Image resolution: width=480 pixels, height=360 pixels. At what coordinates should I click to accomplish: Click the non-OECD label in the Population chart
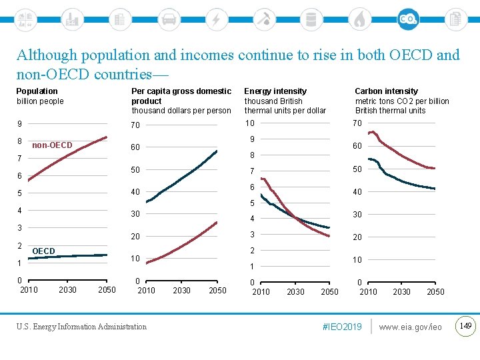coord(52,145)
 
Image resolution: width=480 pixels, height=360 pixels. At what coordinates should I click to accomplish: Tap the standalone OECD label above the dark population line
coord(43,251)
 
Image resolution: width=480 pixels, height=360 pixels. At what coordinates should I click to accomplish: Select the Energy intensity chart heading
coord(275,91)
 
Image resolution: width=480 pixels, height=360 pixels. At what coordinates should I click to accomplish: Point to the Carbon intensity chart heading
coord(386,91)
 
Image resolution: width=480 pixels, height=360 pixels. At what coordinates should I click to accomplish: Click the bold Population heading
coord(37,91)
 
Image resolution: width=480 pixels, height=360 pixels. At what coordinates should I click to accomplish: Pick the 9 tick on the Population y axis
coord(19,123)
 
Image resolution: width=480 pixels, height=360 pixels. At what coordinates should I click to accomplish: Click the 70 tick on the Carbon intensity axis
coord(357,123)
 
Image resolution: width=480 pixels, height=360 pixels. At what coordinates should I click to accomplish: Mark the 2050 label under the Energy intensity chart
coord(329,291)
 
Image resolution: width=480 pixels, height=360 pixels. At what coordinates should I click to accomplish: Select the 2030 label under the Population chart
coord(67,289)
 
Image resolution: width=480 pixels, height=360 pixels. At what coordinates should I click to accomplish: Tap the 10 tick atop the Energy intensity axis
coord(249,123)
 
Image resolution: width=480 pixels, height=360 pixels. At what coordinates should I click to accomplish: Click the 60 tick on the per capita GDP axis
coord(135,147)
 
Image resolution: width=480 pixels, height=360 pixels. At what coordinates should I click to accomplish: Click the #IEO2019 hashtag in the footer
coord(341,327)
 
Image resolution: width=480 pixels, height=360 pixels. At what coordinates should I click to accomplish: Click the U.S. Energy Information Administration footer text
coord(81,327)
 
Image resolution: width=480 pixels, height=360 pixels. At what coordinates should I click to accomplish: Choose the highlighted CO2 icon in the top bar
coord(408,19)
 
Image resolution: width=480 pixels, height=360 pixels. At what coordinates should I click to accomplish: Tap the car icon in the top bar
coord(169,19)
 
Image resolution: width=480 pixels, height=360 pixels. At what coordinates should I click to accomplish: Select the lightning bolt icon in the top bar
coord(216,19)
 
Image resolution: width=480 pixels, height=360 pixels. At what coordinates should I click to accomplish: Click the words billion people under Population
coord(40,101)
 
